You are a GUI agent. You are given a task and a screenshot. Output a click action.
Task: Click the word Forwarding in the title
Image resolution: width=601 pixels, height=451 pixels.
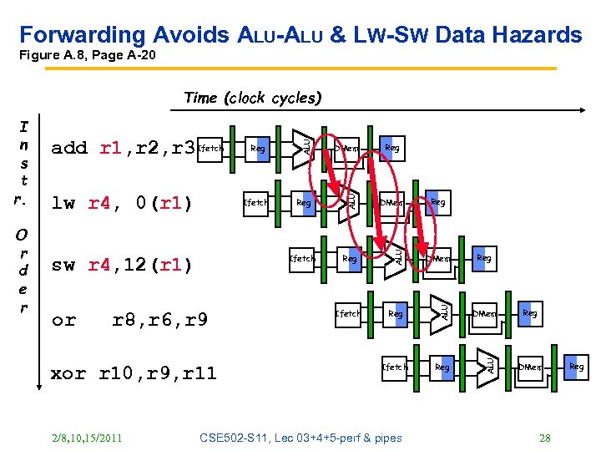coord(83,34)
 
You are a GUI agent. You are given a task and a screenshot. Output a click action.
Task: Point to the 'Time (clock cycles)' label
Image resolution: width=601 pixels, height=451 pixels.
coord(252,98)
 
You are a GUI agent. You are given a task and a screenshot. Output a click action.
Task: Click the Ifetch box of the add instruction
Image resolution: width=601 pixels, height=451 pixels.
coord(212,149)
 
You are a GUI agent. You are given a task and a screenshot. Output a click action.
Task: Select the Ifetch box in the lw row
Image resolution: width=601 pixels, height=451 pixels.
coord(255,202)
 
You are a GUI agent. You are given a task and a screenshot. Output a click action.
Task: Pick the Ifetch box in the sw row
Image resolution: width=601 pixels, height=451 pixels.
coord(301,258)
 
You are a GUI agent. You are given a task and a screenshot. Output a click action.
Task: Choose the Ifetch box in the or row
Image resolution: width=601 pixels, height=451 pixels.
coord(348,313)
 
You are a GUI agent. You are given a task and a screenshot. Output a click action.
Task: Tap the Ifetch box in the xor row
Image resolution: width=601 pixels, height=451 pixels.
coord(395,367)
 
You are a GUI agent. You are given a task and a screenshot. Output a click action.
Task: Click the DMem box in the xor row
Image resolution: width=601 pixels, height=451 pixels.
coord(531,367)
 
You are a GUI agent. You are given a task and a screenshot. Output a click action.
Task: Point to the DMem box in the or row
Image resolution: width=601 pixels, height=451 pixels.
coord(485,313)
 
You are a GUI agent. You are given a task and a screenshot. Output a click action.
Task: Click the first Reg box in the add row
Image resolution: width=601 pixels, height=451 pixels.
coord(259,149)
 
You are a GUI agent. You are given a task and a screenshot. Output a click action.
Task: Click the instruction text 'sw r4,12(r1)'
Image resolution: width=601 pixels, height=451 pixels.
coord(122,266)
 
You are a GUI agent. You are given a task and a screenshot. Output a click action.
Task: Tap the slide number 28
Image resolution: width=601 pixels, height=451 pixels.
coord(545,438)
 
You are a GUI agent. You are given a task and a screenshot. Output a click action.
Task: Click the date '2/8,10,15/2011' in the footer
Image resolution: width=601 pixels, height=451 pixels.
coord(85,438)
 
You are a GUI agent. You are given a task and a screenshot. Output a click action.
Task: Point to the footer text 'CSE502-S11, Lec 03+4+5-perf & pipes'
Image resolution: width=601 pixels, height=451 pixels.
coord(301,438)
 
